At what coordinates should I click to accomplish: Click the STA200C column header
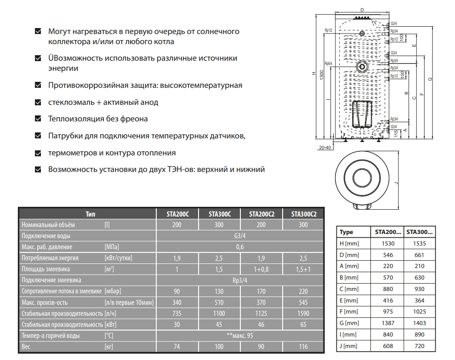177,214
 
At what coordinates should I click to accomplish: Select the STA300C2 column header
303,214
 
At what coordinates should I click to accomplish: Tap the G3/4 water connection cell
239,236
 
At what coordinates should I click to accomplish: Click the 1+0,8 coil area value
262,269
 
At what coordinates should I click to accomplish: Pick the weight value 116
303,346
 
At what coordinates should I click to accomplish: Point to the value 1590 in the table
303,313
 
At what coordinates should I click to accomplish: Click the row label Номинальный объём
48,225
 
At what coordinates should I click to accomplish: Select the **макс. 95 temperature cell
239,335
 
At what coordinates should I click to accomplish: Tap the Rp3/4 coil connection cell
239,280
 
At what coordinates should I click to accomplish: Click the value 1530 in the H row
388,243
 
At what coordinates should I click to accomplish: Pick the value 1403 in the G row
420,323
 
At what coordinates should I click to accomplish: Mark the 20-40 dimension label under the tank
325,147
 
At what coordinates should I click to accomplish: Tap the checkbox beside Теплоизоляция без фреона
39,119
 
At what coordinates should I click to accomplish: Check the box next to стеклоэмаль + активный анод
39,102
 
